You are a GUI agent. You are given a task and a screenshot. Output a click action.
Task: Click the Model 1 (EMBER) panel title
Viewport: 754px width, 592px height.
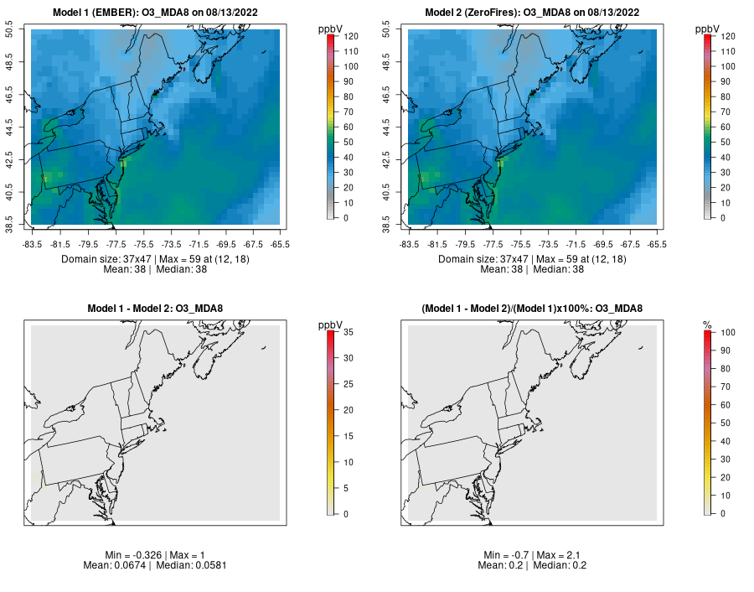click(x=155, y=13)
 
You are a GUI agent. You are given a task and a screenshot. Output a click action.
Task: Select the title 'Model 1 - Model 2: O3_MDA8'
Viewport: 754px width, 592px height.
click(x=155, y=309)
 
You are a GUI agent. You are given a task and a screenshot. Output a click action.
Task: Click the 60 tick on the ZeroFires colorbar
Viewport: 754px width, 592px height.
click(x=720, y=127)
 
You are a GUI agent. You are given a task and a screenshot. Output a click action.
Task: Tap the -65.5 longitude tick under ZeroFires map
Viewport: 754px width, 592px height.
click(x=658, y=244)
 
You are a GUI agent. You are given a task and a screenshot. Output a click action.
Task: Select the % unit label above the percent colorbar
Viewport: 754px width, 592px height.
click(x=708, y=325)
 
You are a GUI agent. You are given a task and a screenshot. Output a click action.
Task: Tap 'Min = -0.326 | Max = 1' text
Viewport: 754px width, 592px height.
click(x=155, y=555)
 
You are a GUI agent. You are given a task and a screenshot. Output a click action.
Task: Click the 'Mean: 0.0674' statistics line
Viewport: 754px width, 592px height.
click(x=155, y=565)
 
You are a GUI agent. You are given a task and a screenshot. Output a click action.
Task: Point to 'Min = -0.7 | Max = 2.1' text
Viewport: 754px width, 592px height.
click(x=533, y=555)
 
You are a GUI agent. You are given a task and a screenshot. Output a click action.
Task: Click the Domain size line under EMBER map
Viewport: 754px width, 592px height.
click(x=155, y=259)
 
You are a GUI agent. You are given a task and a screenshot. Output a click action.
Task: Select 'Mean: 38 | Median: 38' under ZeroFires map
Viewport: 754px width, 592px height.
click(x=533, y=269)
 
